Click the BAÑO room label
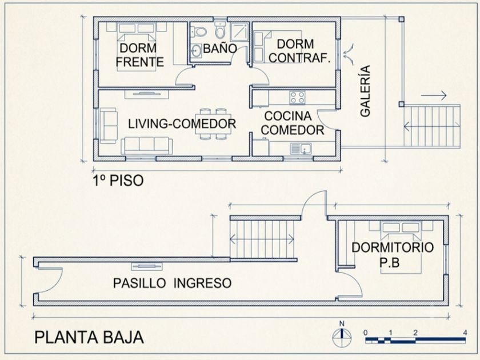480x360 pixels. pos(220,49)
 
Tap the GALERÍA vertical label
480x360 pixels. pos(365,91)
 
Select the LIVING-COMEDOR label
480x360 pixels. pos(182,123)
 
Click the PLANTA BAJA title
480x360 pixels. pos(89,337)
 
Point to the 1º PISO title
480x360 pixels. pos(118,181)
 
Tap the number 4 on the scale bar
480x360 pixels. pos(465,333)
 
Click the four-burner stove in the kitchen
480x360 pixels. pos(297,98)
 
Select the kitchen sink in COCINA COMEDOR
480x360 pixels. pos(301,149)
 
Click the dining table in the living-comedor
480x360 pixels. pos(213,123)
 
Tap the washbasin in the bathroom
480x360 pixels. pos(196,50)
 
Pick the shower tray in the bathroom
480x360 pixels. pos(240,31)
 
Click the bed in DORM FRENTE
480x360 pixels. pos(137,47)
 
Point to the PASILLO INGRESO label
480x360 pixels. pos(173,283)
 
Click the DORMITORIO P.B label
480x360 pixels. pos(393,255)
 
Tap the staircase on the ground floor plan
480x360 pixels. pos(262,239)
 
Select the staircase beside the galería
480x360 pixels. pos(432,126)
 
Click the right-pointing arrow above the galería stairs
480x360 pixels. pos(434,95)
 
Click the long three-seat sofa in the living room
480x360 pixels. pos(147,146)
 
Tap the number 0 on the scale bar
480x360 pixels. pos(366,333)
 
